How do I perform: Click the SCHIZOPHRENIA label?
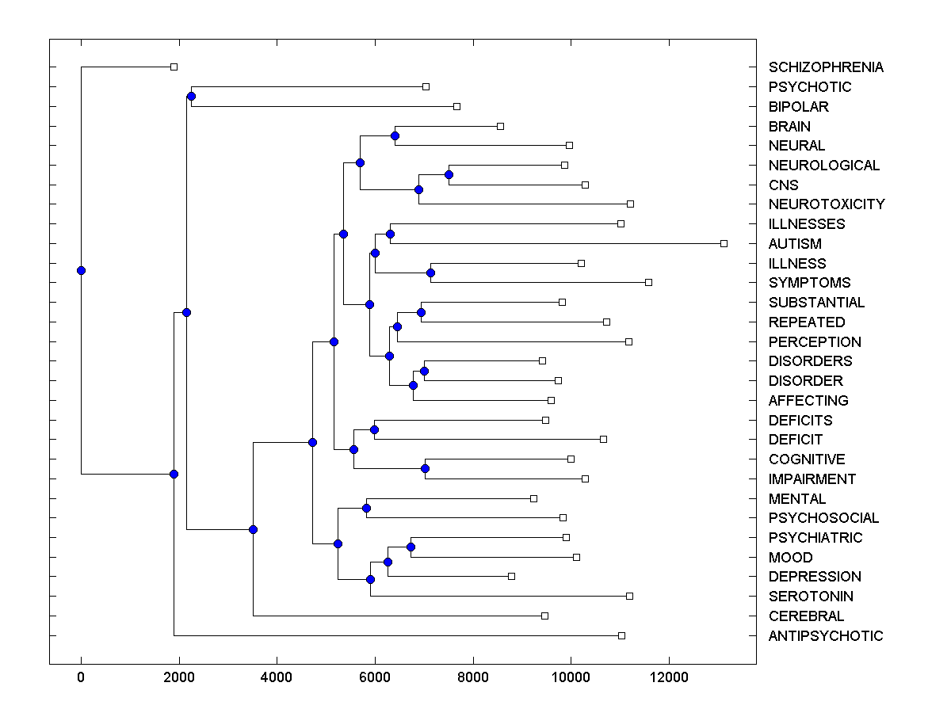pyautogui.click(x=826, y=67)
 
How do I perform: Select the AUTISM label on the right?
pyautogui.click(x=795, y=244)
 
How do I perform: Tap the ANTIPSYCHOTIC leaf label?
pyautogui.click(x=826, y=636)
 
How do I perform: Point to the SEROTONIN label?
pyautogui.click(x=811, y=597)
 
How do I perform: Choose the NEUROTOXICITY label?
pyautogui.click(x=827, y=204)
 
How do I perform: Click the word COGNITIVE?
pyautogui.click(x=807, y=459)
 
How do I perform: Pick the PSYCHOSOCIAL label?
pyautogui.click(x=823, y=518)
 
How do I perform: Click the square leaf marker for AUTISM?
pyautogui.click(x=724, y=243)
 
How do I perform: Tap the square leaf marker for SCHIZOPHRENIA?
pyautogui.click(x=174, y=67)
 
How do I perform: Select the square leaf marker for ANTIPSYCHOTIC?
pyautogui.click(x=621, y=635)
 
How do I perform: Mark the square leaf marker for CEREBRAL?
pyautogui.click(x=544, y=616)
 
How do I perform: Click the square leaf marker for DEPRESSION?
pyautogui.click(x=511, y=576)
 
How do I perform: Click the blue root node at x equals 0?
pyautogui.click(x=81, y=270)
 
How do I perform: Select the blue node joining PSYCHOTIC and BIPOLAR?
pyautogui.click(x=191, y=96)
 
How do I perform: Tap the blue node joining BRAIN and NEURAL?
pyautogui.click(x=395, y=135)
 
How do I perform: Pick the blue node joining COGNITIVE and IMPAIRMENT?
pyautogui.click(x=425, y=468)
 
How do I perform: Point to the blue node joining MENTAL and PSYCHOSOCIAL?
pyautogui.click(x=366, y=508)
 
